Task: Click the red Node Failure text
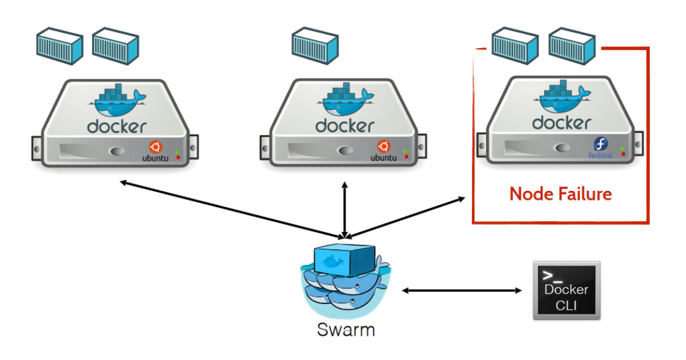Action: coord(560,194)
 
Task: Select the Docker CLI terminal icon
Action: coord(566,290)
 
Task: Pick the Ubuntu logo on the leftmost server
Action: coord(156,147)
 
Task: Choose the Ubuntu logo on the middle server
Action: coord(384,147)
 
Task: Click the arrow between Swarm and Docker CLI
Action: coord(462,291)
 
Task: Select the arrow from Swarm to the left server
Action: coord(231,209)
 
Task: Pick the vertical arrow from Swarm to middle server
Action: coord(345,210)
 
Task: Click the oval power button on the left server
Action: coord(116,152)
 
